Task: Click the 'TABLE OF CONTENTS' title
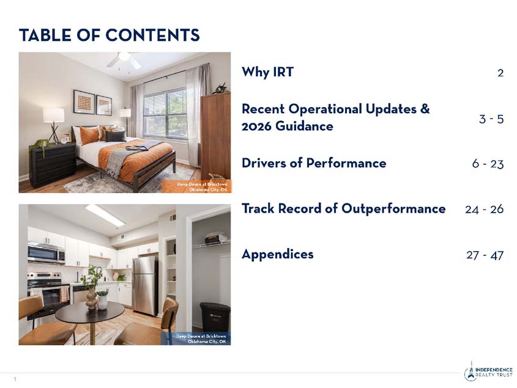point(109,35)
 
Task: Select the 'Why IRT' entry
point(267,72)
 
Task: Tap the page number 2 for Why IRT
point(500,73)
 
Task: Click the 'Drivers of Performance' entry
point(314,163)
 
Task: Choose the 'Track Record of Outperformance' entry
point(343,208)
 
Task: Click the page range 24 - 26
point(484,209)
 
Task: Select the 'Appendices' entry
point(277,254)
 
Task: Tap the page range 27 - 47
point(485,254)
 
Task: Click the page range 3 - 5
point(491,119)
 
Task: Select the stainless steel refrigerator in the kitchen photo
point(145,284)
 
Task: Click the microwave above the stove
point(46,253)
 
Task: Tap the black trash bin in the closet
point(215,317)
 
